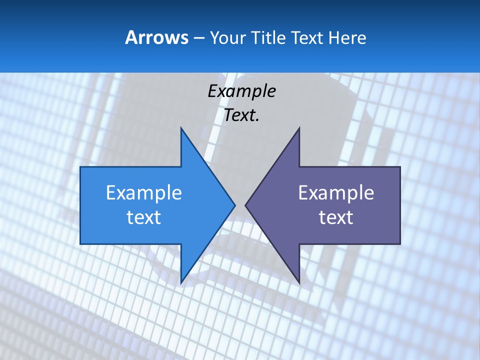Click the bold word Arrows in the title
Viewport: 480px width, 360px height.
pyautogui.click(x=157, y=37)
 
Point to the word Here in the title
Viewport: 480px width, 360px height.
pyautogui.click(x=347, y=37)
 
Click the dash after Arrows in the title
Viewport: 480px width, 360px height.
pyautogui.click(x=198, y=38)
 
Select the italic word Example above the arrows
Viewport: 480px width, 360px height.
pyautogui.click(x=242, y=91)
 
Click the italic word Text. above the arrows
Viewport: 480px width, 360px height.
pyautogui.click(x=242, y=115)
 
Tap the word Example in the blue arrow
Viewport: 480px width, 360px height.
pyautogui.click(x=144, y=193)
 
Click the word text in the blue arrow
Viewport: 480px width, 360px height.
pyautogui.click(x=144, y=217)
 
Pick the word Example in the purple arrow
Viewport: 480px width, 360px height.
pyautogui.click(x=336, y=193)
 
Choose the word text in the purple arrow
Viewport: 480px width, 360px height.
pyautogui.click(x=336, y=217)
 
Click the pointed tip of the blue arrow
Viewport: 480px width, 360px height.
pyautogui.click(x=235, y=205)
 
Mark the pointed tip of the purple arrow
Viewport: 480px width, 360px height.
pyautogui.click(x=245, y=205)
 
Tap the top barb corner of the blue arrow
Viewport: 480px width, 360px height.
pyautogui.click(x=181, y=128)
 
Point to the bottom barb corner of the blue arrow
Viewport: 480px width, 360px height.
pyautogui.click(x=181, y=283)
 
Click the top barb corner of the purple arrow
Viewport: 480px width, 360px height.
pyautogui.click(x=299, y=128)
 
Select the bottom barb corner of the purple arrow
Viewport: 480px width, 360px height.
pyautogui.click(x=299, y=283)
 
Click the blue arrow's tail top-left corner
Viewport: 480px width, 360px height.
pyautogui.click(x=80, y=167)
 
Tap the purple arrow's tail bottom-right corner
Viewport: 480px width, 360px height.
pyautogui.click(x=400, y=243)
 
